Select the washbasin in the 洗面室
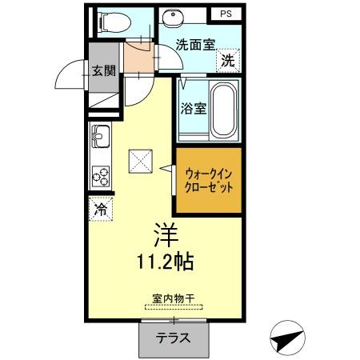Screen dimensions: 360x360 click(170, 19)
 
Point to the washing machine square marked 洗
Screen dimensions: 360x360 click(229, 60)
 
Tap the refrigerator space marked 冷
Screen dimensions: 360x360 click(101, 210)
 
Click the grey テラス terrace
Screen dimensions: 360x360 click(173, 338)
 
